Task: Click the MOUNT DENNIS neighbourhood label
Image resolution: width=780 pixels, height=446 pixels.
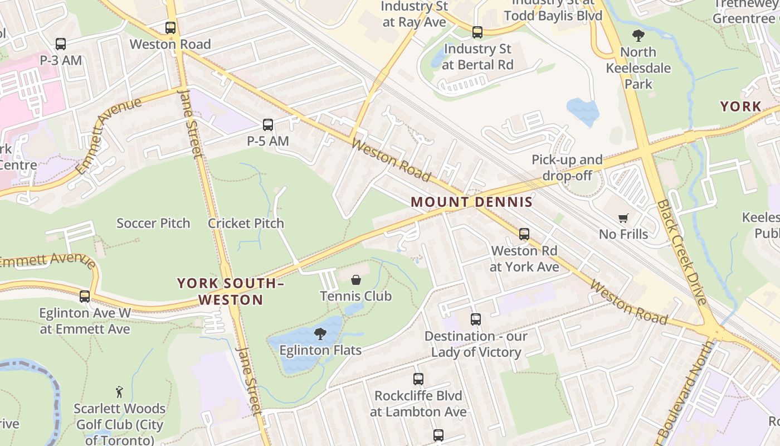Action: point(471,202)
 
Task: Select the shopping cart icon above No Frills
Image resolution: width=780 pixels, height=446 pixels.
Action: point(623,218)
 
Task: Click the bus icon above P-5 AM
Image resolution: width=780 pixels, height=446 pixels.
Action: point(268,125)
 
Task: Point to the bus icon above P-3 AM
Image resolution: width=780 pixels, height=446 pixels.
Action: point(61,43)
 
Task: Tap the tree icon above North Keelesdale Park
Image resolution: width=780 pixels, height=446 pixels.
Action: point(638,36)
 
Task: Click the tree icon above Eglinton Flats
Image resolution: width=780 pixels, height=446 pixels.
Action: point(320,334)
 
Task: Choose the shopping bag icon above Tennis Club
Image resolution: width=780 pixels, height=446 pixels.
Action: point(355,279)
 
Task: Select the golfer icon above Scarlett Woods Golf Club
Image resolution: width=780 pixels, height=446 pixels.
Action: point(119,392)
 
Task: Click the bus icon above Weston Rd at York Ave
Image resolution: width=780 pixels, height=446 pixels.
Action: point(524,234)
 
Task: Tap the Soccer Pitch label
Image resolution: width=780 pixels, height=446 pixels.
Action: point(153,224)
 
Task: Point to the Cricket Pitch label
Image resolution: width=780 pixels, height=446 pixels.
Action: point(246,224)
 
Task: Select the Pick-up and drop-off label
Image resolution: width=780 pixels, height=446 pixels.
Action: point(567,168)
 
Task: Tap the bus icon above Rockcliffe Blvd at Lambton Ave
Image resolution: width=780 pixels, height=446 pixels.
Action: point(418,379)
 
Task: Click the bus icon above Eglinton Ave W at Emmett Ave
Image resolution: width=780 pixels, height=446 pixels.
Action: point(85,297)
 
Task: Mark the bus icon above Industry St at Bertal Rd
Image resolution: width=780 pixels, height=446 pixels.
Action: point(477,32)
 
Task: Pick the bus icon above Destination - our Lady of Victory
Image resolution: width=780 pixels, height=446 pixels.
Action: point(476,319)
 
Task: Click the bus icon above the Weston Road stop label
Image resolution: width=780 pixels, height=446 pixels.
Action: point(170,28)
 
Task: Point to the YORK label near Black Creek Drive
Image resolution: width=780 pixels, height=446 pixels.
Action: point(740,106)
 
